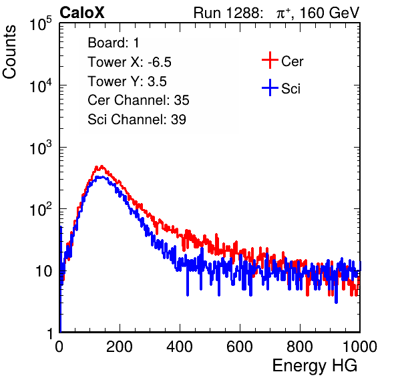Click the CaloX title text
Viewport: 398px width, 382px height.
(82, 13)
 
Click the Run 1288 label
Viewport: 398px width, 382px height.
(227, 13)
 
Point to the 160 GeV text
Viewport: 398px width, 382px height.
(330, 13)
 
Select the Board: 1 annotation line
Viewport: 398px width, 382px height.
(114, 42)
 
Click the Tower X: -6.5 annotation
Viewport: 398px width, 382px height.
(130, 62)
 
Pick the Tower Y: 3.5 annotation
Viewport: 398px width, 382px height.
(127, 81)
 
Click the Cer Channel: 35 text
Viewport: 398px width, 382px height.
(138, 100)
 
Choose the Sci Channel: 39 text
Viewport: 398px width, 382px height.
(137, 119)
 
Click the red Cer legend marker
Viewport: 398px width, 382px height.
(270, 60)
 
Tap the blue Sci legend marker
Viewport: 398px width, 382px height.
(270, 88)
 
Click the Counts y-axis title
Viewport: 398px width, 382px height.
(9, 52)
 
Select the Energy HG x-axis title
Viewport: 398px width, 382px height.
(315, 365)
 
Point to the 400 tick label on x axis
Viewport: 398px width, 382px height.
(180, 347)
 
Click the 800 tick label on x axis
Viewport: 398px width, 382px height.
(300, 347)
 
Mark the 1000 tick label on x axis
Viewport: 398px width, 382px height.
(360, 347)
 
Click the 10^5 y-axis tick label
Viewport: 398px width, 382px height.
(41, 24)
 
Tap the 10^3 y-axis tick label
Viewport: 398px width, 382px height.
(41, 148)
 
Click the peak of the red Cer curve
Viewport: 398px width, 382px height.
(102, 166)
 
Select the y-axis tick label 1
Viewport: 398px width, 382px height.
(50, 334)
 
